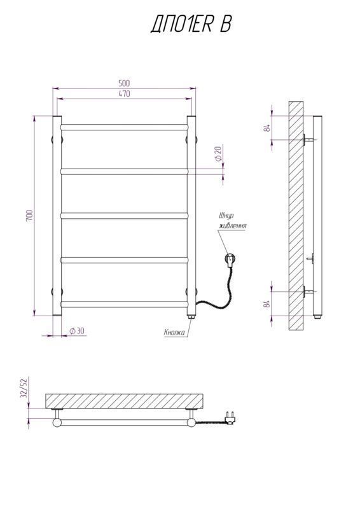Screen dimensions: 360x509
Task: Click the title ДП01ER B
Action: click(x=191, y=24)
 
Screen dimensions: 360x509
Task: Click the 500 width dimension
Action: click(x=124, y=83)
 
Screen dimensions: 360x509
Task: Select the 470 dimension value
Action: click(x=124, y=94)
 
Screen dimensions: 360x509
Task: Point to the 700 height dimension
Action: click(x=29, y=216)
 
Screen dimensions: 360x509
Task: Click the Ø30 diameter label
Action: click(x=76, y=331)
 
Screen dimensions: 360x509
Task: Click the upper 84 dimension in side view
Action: click(x=268, y=128)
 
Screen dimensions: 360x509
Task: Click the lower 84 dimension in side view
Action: click(x=268, y=304)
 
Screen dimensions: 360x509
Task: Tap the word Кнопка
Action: click(x=174, y=332)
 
